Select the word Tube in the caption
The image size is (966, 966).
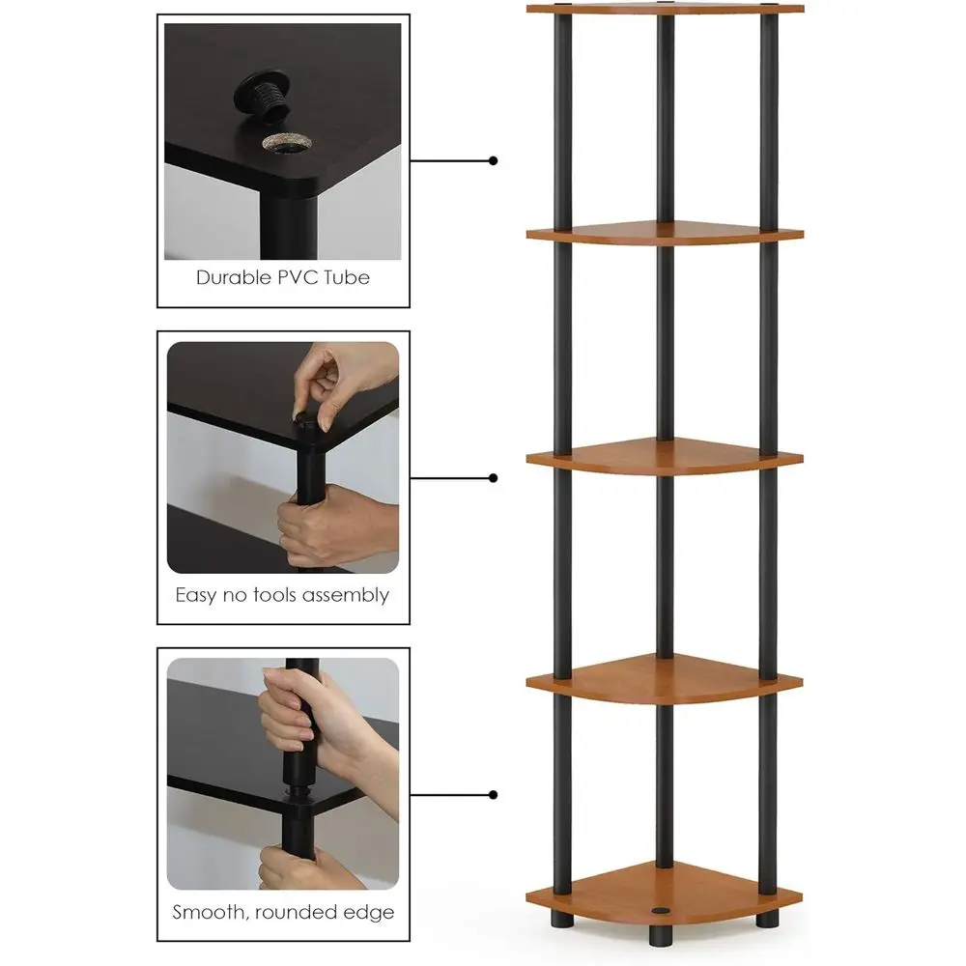[x=348, y=277]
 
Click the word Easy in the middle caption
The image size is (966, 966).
[x=196, y=595]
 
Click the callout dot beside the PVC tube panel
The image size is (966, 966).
[x=494, y=160]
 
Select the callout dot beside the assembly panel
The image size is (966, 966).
[x=494, y=477]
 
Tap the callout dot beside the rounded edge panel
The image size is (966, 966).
[x=494, y=795]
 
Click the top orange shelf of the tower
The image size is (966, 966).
[x=665, y=10]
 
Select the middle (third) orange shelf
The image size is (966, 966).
[x=665, y=457]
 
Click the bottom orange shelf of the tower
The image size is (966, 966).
[x=665, y=891]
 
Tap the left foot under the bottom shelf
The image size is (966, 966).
[x=561, y=922]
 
